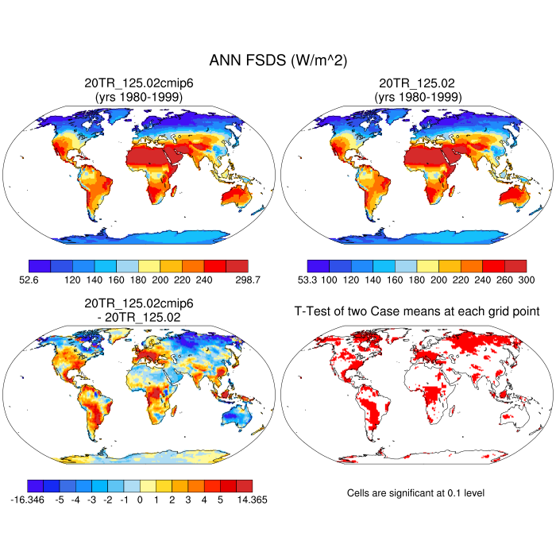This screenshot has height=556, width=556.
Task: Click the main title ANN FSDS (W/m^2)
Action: click(x=278, y=60)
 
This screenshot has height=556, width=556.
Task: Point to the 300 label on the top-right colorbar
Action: click(x=525, y=280)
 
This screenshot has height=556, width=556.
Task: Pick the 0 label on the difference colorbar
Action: click(x=140, y=500)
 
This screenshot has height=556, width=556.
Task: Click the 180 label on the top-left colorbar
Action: click(x=138, y=280)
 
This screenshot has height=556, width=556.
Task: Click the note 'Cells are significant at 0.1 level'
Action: click(x=415, y=493)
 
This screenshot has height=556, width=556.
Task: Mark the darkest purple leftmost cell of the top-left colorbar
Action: click(x=40, y=266)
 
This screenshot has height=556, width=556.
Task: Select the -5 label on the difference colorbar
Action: click(x=59, y=500)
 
